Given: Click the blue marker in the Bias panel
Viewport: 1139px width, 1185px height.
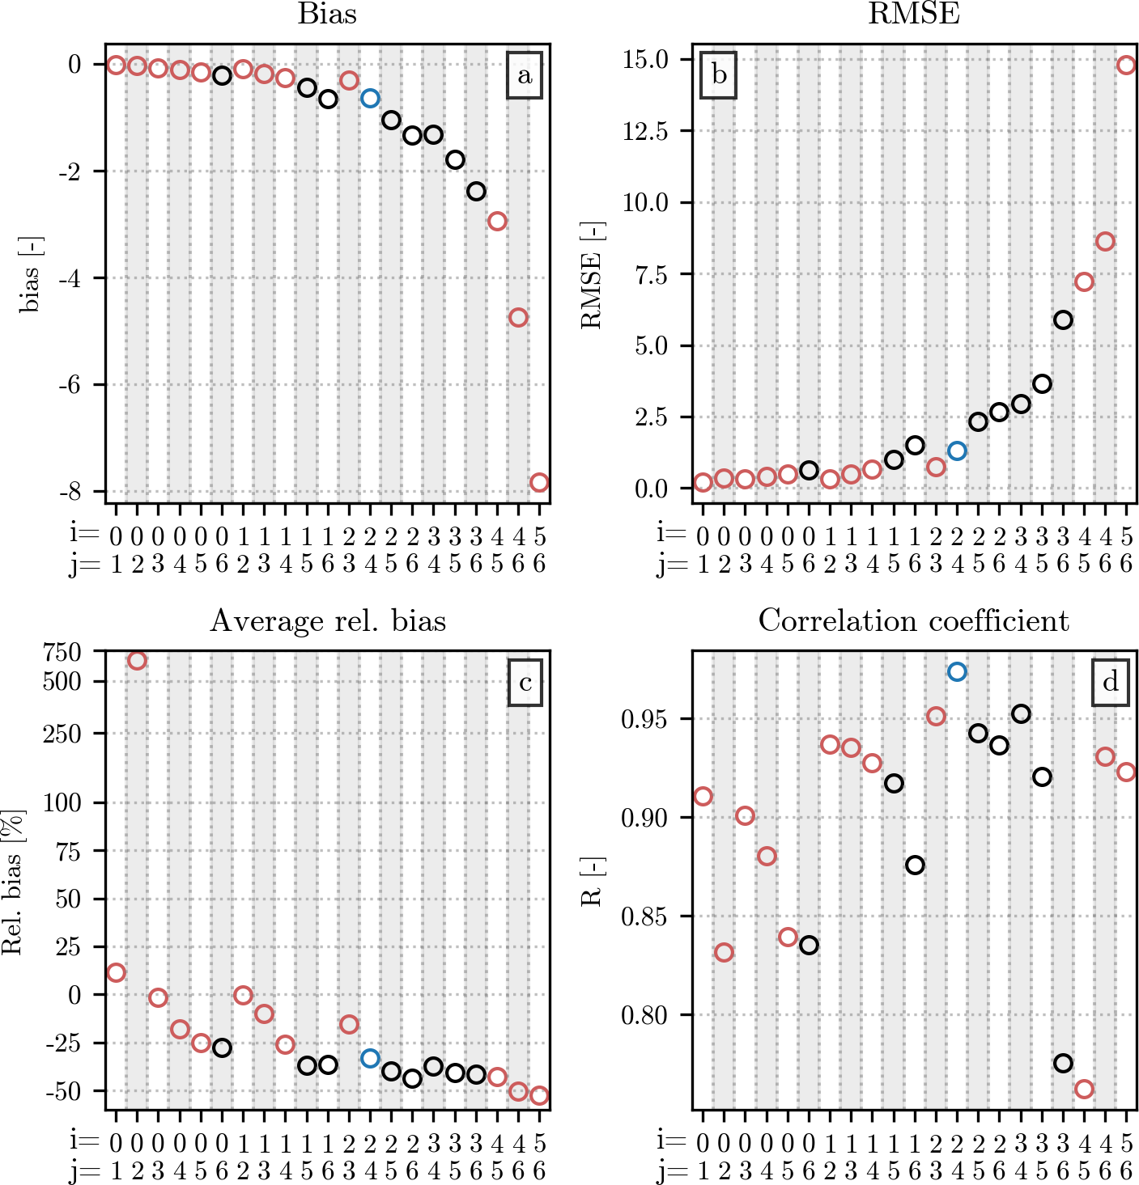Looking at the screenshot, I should (x=370, y=98).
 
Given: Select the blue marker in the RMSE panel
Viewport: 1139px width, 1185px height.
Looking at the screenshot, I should (x=957, y=451).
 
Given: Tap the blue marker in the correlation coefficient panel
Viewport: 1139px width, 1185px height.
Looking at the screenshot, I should (x=957, y=671).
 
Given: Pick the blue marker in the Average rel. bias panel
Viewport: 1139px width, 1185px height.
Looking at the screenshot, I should (x=370, y=1058).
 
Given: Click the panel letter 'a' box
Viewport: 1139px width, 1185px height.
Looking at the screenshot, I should (x=525, y=75).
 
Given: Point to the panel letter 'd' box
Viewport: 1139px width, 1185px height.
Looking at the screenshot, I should (x=1110, y=683).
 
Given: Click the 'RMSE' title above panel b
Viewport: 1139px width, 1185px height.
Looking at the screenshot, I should (x=913, y=14).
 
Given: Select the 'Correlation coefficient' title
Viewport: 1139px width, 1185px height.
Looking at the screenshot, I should (x=913, y=621).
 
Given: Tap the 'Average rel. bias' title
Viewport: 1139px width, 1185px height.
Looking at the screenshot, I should (x=328, y=621).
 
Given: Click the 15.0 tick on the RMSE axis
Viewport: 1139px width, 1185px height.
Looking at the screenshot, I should (x=645, y=59).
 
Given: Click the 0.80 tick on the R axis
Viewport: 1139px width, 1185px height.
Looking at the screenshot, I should (x=644, y=1014).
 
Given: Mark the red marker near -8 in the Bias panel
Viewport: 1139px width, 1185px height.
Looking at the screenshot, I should (x=539, y=482).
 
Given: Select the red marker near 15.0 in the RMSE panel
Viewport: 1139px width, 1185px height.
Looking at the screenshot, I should (x=1126, y=65).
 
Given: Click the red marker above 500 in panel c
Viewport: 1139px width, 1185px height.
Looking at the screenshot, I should (x=137, y=660).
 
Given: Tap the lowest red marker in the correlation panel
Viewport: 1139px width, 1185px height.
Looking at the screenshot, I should (x=1084, y=1089).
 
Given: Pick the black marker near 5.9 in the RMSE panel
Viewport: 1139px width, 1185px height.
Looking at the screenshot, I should (x=1063, y=320).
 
